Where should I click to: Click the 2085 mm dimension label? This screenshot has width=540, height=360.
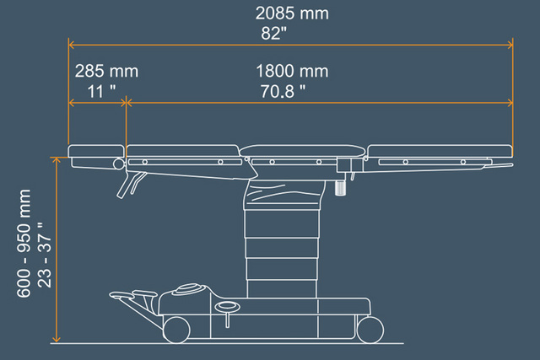point(292,13)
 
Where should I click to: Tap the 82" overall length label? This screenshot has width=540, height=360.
point(273,34)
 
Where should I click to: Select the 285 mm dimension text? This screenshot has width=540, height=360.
point(106,72)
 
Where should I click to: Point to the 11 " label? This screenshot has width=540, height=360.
point(101,92)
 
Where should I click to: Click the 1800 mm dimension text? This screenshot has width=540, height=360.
point(292,72)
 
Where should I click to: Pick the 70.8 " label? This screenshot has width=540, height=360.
point(283,92)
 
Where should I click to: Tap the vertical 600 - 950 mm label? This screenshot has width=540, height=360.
point(24,243)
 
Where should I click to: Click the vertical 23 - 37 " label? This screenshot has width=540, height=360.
point(44,255)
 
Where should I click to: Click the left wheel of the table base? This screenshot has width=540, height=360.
point(176,330)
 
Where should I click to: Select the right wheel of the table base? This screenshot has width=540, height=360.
point(370,330)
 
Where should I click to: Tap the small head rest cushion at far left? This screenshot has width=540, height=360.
point(96,151)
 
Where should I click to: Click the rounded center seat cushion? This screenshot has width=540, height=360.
point(302,151)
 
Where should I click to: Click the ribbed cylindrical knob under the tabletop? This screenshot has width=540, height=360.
point(340,187)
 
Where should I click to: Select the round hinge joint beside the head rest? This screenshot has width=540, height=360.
point(118,164)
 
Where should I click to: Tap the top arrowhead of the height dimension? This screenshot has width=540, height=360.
point(57,160)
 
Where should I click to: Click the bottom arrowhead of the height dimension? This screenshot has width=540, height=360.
point(57,340)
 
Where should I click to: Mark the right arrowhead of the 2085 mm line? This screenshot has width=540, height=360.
point(510,45)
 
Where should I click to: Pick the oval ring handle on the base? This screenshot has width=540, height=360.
point(227,305)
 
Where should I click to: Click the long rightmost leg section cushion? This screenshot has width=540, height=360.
point(440,151)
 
